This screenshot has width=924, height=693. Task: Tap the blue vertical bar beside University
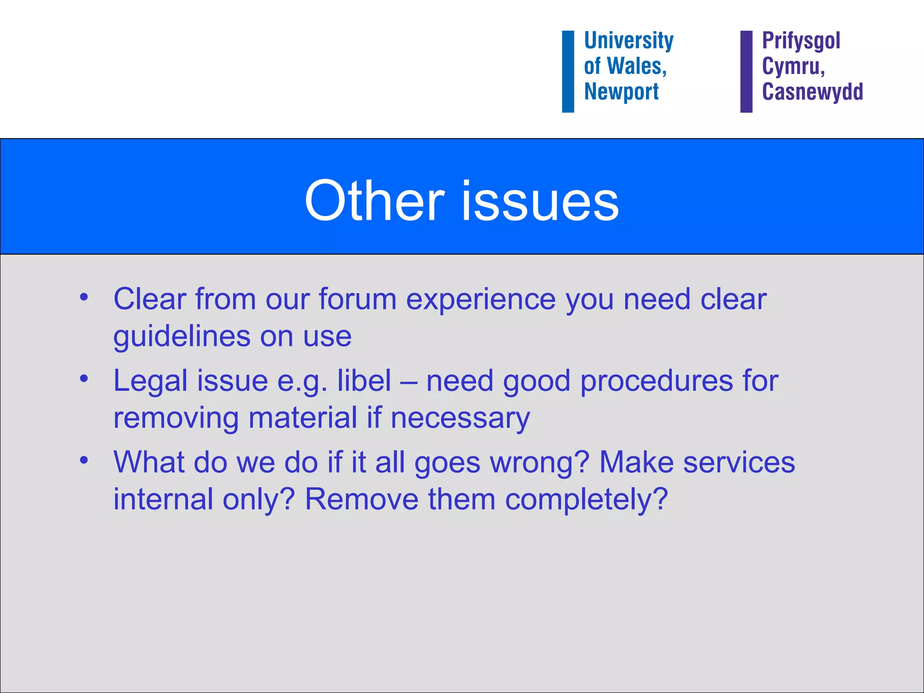[x=568, y=71]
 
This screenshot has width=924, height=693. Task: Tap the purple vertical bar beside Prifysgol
[x=746, y=71]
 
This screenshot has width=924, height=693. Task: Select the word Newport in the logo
[x=621, y=92]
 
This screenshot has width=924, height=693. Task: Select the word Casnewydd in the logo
[x=812, y=92]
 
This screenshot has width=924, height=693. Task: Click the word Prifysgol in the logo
[x=801, y=41]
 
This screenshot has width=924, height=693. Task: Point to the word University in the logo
[x=628, y=41]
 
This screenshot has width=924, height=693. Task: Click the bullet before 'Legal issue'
[x=84, y=379]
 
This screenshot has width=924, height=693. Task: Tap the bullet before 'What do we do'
[x=84, y=460]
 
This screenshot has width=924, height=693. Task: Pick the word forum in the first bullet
[x=357, y=299]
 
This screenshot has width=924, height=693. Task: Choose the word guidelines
[x=181, y=337]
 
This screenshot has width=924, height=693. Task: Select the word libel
[x=364, y=381]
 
